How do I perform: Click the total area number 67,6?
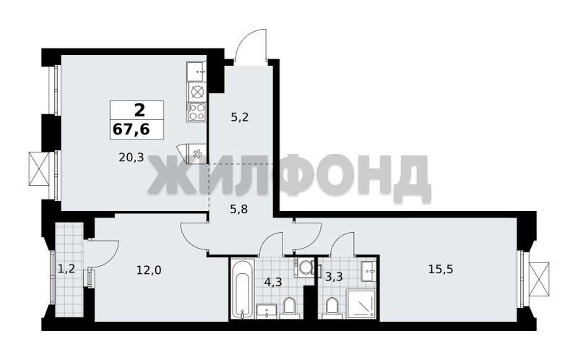tap(131, 129)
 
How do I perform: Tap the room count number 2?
tap(139, 111)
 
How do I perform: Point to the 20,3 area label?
tap(131, 158)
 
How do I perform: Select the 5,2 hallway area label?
tap(239, 117)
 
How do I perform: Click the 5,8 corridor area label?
tap(238, 210)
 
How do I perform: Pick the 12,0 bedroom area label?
tap(149, 270)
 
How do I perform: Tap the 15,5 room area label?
tap(441, 269)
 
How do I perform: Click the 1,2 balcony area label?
tap(66, 268)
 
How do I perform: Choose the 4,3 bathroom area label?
tap(273, 282)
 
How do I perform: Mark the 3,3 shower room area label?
tap(334, 276)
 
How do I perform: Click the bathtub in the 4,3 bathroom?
tap(243, 288)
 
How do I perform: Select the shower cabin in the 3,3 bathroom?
tap(361, 304)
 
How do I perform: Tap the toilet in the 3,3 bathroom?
tap(332, 309)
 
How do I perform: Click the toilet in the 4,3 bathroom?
tap(289, 309)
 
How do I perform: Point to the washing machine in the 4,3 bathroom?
tap(304, 267)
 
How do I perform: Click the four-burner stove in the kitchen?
tap(197, 112)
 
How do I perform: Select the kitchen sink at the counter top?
tap(196, 72)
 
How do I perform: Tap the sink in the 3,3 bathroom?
tap(368, 271)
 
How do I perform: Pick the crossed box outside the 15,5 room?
tap(539, 279)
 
